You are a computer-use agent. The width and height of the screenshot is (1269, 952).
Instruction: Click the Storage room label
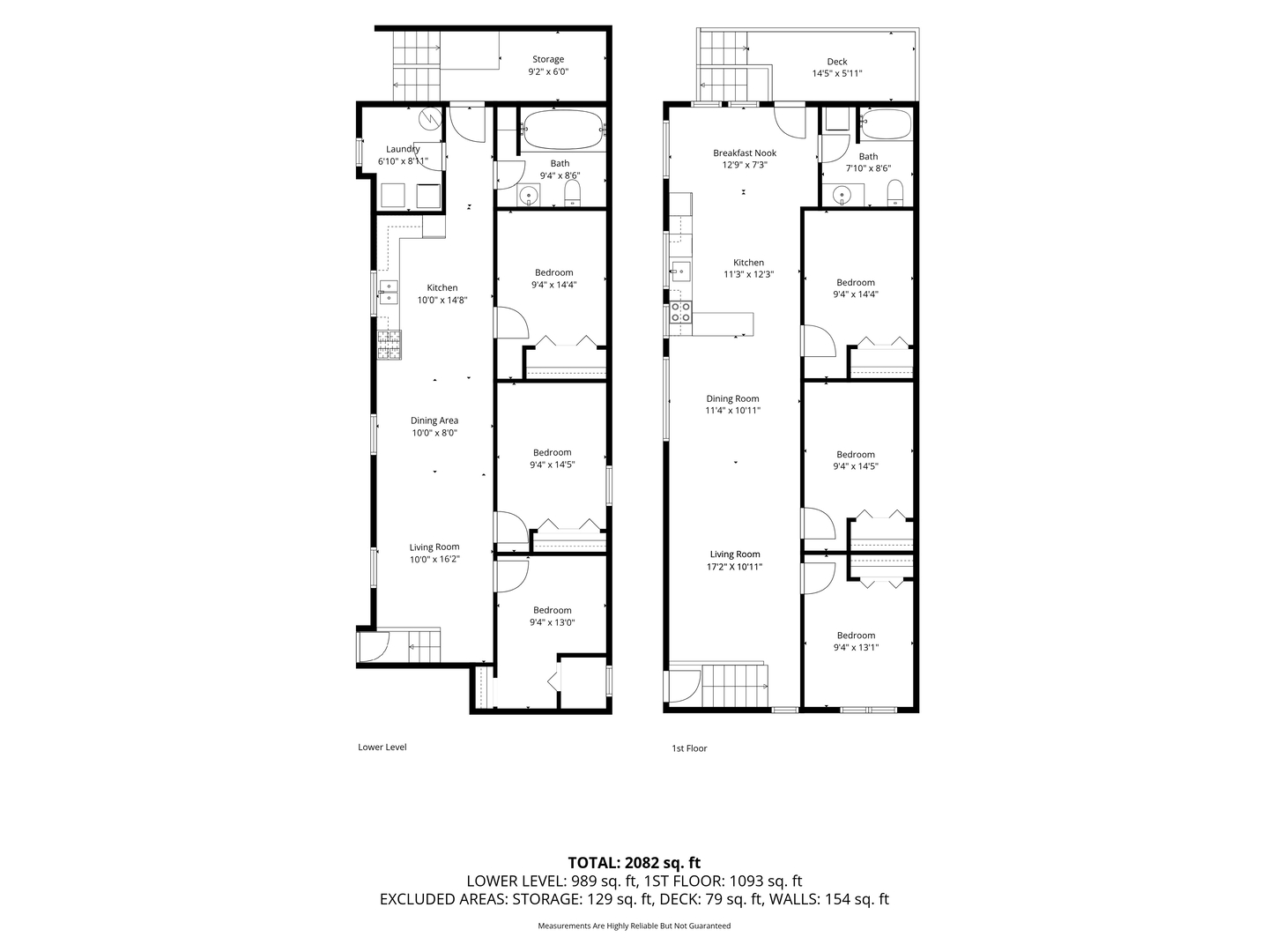(547, 59)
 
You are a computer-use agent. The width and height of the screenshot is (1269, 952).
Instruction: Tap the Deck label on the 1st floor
(836, 62)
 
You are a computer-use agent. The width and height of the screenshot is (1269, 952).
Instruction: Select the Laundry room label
(403, 149)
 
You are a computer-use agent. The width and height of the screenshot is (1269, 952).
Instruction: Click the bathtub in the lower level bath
(562, 130)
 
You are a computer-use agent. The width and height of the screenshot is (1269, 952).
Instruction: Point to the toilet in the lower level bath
(572, 192)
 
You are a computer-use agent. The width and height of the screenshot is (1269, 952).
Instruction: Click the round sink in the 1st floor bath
(842, 196)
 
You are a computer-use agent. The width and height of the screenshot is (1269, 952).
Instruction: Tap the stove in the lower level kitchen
(390, 345)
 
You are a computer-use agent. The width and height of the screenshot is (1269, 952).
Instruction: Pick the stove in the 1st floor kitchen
(679, 313)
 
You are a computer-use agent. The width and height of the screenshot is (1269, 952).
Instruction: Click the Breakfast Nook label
(744, 153)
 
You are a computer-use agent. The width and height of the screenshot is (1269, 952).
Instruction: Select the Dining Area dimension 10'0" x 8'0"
(434, 433)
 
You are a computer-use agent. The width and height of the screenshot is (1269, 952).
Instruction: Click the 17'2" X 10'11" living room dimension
(734, 567)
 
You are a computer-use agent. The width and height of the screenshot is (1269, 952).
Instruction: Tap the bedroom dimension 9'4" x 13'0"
(553, 622)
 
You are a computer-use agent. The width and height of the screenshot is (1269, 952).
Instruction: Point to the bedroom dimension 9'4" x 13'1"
(856, 647)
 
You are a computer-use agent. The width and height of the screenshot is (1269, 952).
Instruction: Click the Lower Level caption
(382, 747)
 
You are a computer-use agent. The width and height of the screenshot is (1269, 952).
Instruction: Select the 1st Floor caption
(689, 748)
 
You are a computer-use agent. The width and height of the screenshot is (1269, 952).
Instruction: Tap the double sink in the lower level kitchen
(389, 292)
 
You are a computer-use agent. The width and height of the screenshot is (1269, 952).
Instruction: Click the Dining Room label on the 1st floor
(732, 398)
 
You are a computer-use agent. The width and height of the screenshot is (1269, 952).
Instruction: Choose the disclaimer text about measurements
(634, 926)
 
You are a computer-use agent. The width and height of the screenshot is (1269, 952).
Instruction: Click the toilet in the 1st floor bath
(894, 192)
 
